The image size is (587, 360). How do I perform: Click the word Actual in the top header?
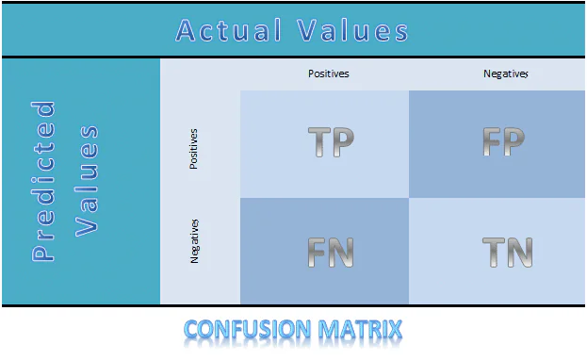tap(230, 30)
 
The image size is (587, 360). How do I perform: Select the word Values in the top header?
tap(353, 30)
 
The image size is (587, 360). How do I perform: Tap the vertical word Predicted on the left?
tap(43, 181)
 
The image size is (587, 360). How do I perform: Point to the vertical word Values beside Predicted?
tap(88, 181)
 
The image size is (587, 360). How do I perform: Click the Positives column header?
tap(329, 74)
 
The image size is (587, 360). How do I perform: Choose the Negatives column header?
tap(505, 74)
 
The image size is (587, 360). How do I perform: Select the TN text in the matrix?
tap(507, 253)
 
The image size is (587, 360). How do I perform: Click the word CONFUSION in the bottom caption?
tap(252, 331)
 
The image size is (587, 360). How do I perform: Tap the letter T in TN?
tap(493, 253)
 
